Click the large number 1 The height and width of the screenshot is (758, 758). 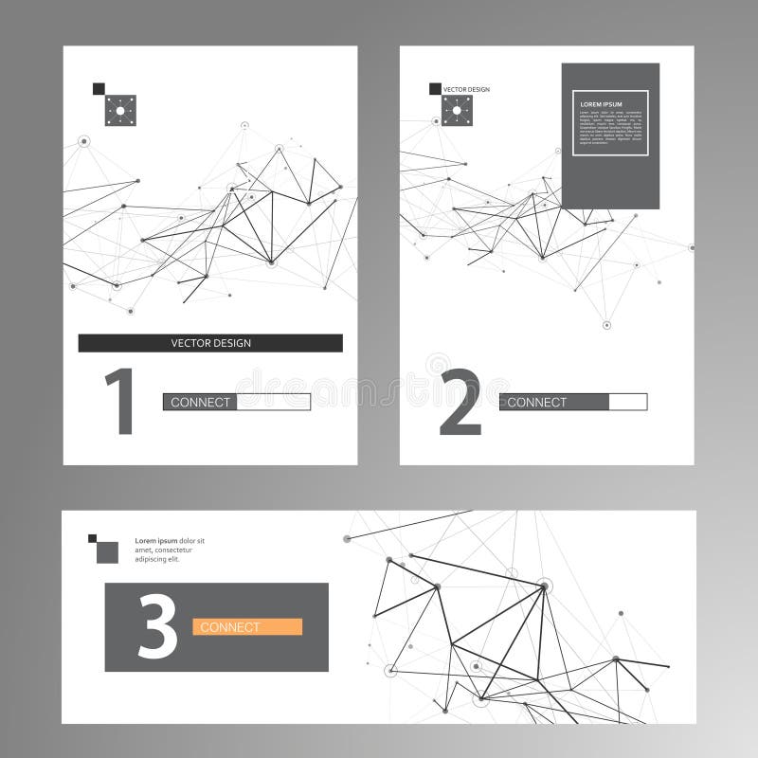(119, 402)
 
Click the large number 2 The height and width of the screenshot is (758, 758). (461, 402)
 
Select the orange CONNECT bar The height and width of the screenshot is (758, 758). (247, 626)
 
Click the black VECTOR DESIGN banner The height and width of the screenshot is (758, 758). (210, 343)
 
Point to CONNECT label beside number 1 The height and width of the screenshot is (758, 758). (200, 402)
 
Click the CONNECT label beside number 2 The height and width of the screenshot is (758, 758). (537, 402)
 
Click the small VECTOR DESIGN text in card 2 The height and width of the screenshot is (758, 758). (467, 89)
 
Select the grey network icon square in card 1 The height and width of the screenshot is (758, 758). (120, 111)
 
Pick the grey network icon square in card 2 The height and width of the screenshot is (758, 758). (457, 111)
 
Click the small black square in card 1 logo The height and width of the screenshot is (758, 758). (98, 89)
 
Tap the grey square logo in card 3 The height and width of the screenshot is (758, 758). (107, 551)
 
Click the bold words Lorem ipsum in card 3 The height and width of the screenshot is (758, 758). (156, 541)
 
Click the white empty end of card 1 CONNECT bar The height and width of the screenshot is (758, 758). (273, 402)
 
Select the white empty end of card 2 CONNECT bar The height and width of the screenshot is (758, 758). (627, 402)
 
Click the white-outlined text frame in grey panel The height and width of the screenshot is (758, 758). (610, 122)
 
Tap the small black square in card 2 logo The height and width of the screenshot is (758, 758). (435, 89)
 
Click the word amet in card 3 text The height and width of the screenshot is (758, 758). (144, 550)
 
